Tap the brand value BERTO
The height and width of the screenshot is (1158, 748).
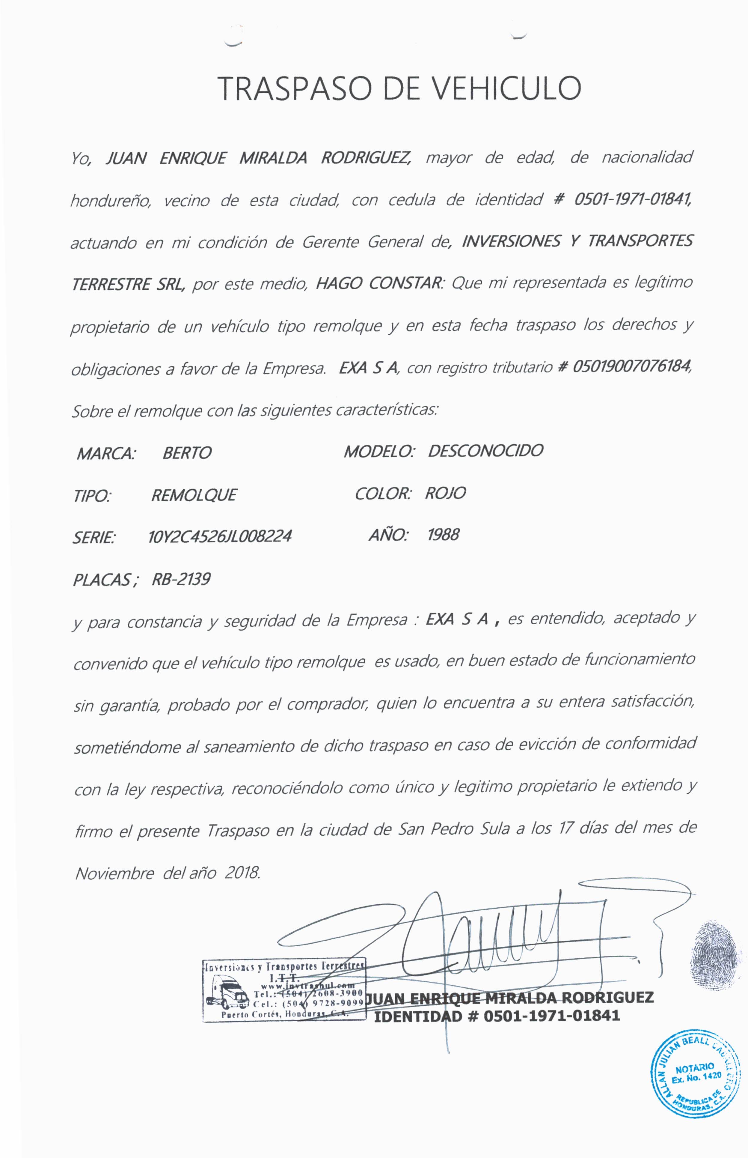click(187, 453)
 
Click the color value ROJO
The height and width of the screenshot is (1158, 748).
click(445, 493)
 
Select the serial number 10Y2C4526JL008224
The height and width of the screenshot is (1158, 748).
click(220, 536)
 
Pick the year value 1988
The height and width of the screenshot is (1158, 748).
click(443, 535)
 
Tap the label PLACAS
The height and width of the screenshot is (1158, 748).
click(102, 580)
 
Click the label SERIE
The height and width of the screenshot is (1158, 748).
click(94, 537)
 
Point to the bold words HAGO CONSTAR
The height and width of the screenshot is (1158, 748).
click(378, 283)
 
